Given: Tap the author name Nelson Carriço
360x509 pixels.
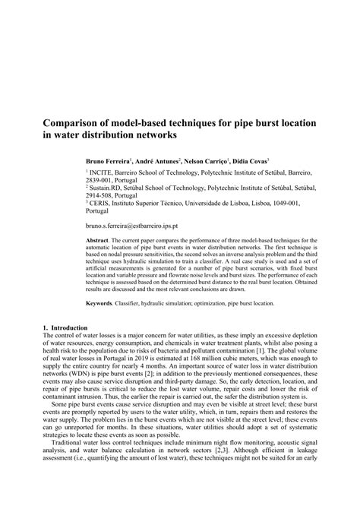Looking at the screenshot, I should pyautogui.click(x=208, y=163).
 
